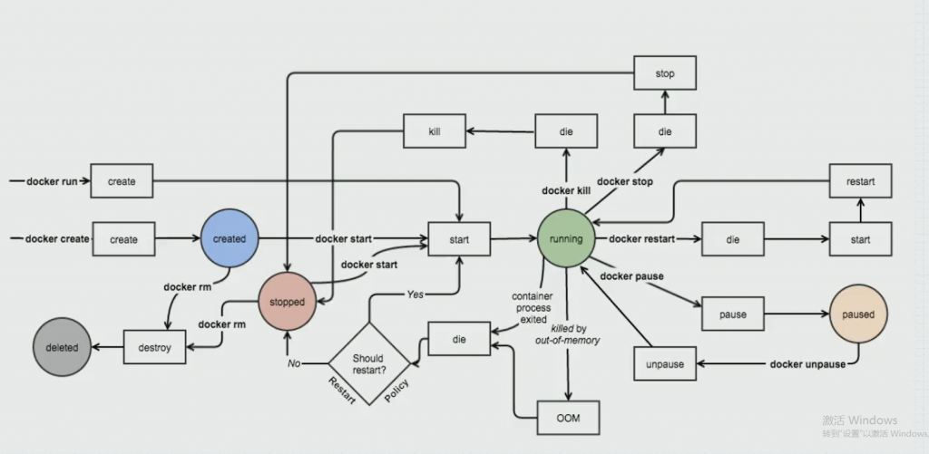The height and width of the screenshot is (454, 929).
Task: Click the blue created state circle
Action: (x=230, y=238)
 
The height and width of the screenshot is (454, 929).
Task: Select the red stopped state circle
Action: (x=287, y=302)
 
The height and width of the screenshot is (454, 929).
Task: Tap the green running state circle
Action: (x=566, y=238)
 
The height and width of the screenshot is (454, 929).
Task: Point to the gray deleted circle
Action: (x=62, y=347)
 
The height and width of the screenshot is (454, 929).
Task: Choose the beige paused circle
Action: (x=858, y=314)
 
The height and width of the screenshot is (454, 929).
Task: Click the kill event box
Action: (x=435, y=130)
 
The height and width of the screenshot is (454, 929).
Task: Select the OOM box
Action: (x=568, y=418)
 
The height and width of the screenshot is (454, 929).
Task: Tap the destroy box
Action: (x=154, y=347)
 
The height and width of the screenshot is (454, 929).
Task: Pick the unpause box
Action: (x=665, y=364)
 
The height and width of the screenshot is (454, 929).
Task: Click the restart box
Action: (x=860, y=181)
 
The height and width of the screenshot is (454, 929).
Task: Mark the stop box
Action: (x=665, y=73)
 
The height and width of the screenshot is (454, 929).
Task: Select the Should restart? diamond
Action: (x=369, y=363)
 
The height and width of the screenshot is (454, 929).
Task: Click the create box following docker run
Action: (x=122, y=181)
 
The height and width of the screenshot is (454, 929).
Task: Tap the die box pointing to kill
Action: (x=566, y=130)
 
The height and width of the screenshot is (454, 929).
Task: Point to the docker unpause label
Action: (x=807, y=364)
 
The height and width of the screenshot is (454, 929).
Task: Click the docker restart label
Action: (x=641, y=238)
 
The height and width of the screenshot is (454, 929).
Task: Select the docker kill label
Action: (x=566, y=190)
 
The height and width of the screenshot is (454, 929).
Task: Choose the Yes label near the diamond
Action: (x=416, y=295)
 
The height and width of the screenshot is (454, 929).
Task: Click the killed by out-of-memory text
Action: (x=568, y=334)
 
